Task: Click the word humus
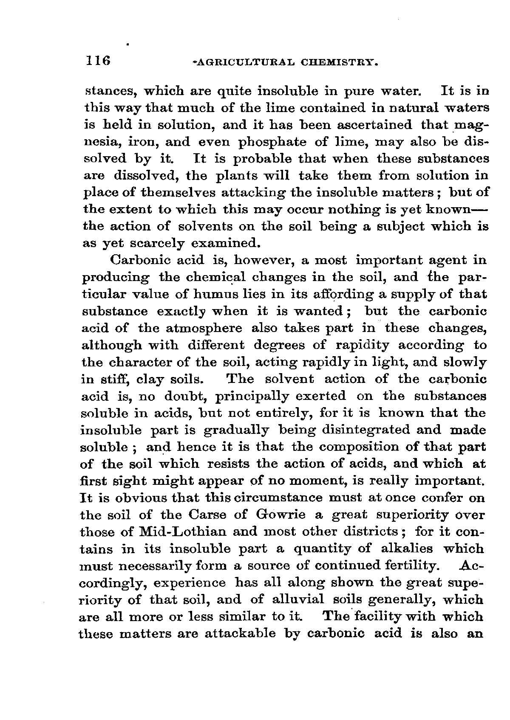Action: point(223,295)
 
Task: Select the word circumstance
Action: point(279,498)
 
